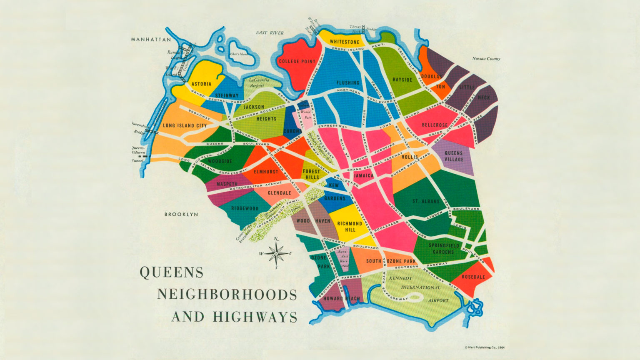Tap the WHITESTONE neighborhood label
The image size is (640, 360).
(x=344, y=42)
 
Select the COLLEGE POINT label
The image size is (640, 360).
(x=297, y=62)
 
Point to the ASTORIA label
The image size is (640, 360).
(x=201, y=84)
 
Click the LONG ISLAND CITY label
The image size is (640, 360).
(x=185, y=125)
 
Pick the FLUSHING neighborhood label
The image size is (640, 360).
(x=347, y=83)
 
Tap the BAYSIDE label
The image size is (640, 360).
(x=402, y=80)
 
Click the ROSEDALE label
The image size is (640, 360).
(x=473, y=277)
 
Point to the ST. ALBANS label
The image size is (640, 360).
(x=426, y=201)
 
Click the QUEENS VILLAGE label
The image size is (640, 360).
(x=454, y=156)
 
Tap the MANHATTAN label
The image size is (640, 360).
(x=151, y=40)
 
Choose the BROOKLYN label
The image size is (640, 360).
(x=181, y=215)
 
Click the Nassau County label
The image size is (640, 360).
(x=486, y=59)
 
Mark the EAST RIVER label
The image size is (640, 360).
(x=270, y=32)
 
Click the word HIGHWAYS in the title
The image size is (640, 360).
(x=255, y=317)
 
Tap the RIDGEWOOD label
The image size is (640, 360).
(x=245, y=208)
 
